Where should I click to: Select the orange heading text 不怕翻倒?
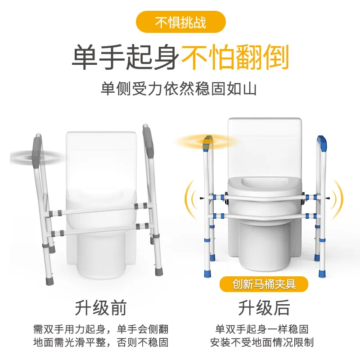pyautogui.click(x=234, y=57)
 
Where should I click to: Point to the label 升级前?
pyautogui.click(x=101, y=308)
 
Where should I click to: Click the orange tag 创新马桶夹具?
pyautogui.click(x=264, y=284)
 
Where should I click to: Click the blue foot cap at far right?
pyautogui.click(x=323, y=272)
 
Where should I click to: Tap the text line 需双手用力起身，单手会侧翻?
pyautogui.click(x=101, y=329)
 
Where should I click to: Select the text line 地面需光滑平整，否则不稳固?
pyautogui.click(x=101, y=342)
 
